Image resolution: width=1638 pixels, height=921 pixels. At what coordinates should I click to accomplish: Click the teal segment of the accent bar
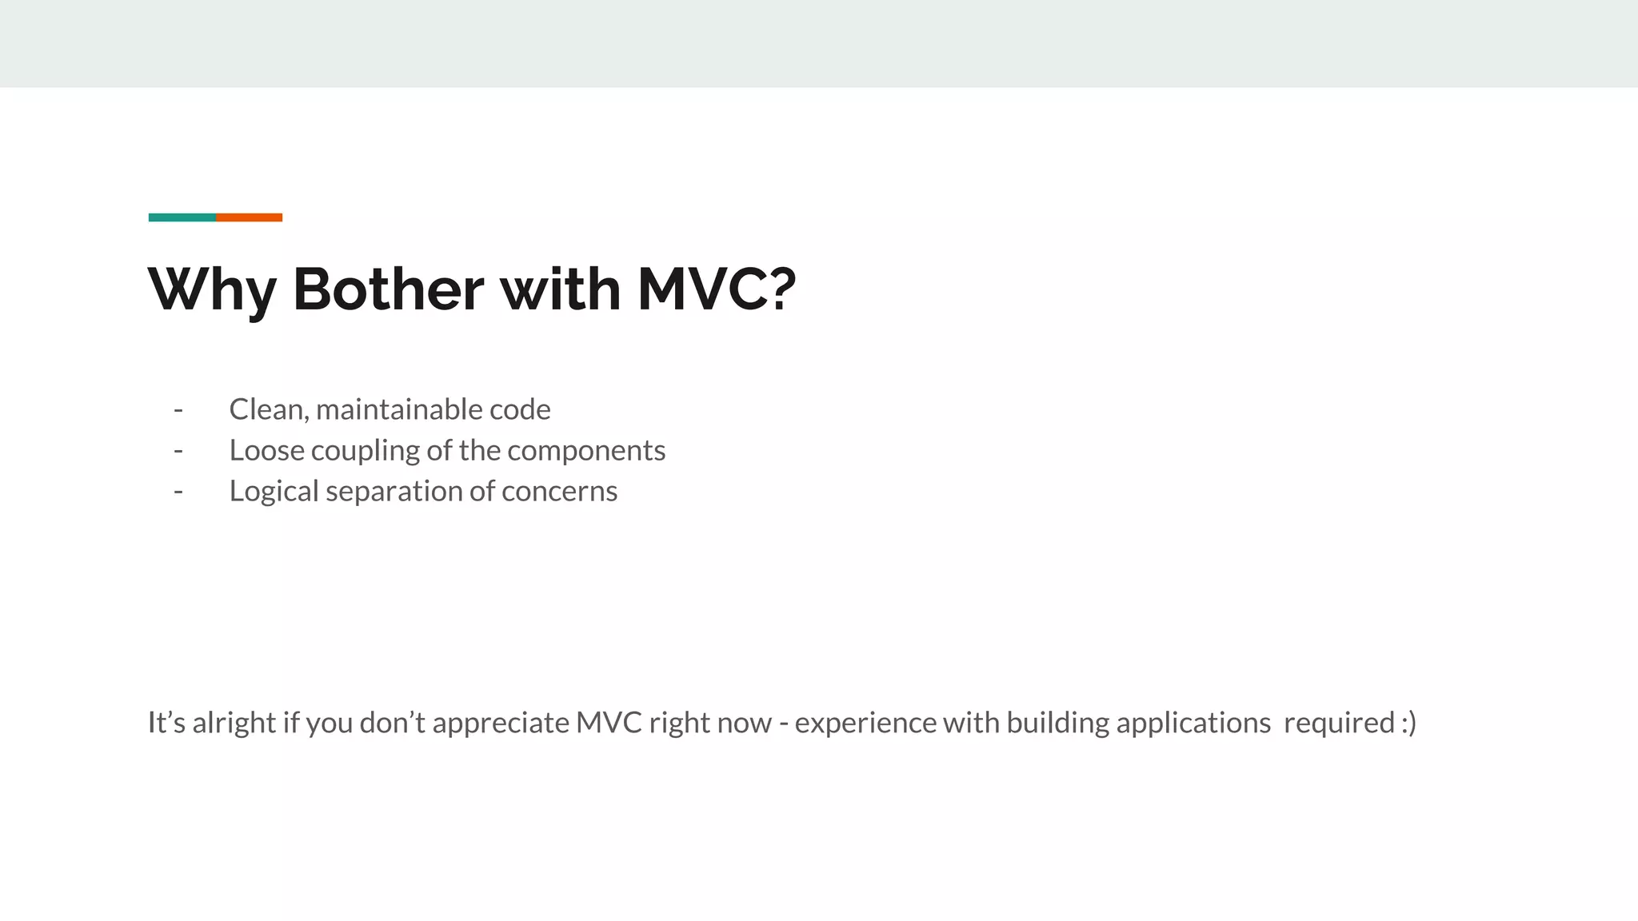pos(182,217)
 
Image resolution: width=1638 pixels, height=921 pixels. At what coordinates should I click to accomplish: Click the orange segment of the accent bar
pos(249,217)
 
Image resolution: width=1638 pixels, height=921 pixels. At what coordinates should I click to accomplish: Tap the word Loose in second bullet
pos(266,450)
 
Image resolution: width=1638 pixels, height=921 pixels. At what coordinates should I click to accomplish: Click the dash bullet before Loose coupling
pos(178,450)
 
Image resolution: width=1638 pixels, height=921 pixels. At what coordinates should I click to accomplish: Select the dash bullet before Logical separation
pos(178,491)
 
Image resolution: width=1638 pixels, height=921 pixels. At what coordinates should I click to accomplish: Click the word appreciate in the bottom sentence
pos(501,724)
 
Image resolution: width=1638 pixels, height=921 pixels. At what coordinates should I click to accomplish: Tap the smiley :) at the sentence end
pos(1408,722)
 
